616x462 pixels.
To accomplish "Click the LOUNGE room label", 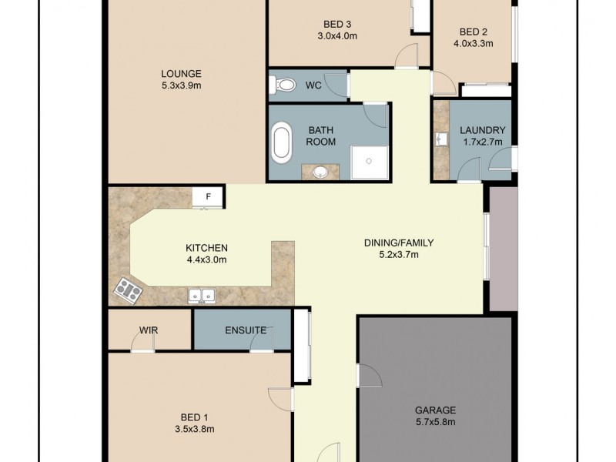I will coord(181,74).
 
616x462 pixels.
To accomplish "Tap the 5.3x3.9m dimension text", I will coord(181,85).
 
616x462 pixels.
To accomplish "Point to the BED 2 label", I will coord(474,32).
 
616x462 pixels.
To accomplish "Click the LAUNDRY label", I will coord(481,130).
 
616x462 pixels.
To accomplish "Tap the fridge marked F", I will coord(208,197).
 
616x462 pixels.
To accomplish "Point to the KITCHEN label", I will coord(206,248).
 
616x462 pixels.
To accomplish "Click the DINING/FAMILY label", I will coord(399,243).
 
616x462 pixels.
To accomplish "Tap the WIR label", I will coord(149,330).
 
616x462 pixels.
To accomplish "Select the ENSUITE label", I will coord(246,330).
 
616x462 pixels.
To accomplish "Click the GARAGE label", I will coord(437,410).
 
